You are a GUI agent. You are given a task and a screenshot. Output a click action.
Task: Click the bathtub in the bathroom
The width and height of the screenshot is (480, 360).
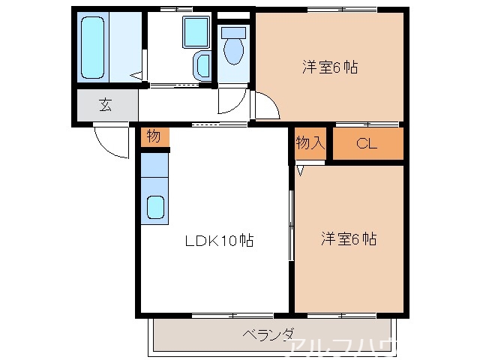click(94, 46)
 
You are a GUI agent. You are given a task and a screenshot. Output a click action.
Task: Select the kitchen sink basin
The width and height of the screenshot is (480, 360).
click(155, 206)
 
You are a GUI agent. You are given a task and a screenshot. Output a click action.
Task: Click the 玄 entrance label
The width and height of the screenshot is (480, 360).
click(106, 105)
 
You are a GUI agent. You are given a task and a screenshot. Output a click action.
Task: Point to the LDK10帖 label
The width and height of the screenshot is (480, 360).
click(219, 241)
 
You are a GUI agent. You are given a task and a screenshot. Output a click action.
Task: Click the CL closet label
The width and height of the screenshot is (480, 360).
click(367, 144)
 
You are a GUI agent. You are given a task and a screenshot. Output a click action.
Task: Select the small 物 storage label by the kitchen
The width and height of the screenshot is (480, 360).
click(154, 136)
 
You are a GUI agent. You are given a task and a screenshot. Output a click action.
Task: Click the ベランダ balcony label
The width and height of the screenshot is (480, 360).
click(268, 334)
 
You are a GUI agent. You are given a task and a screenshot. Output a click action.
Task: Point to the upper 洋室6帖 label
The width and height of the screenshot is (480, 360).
click(329, 67)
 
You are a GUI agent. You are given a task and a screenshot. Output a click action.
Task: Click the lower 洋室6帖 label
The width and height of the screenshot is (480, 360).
click(349, 239)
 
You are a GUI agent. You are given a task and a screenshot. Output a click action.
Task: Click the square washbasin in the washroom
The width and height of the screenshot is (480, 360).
click(196, 32)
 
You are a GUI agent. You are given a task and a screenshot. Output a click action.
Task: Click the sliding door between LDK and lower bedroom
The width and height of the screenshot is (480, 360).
click(291, 225)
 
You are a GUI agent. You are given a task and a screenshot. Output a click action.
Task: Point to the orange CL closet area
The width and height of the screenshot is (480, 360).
click(367, 144)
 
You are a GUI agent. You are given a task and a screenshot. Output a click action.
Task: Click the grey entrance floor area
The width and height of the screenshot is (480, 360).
click(106, 106)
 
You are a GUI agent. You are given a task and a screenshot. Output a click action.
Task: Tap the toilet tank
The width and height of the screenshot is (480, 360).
click(234, 33)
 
